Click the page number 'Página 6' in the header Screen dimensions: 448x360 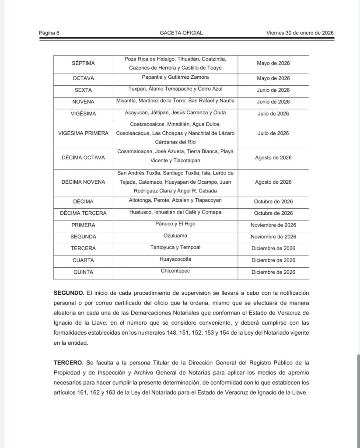pos(49,33)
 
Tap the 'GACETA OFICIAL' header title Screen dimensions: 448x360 pos(181,33)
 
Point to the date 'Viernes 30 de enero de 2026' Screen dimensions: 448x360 pos(300,33)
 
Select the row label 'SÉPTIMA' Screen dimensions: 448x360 pos(83,63)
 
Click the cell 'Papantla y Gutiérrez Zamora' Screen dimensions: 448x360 pos(175,77)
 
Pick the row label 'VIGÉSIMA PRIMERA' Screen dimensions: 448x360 pos(83,133)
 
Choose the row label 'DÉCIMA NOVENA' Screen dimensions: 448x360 pos(83,182)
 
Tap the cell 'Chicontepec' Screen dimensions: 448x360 pos(175,271)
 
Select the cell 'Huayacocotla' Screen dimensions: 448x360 pos(175,259)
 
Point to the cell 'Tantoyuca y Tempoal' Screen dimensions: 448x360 pos(175,247)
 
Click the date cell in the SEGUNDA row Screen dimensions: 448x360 pos(273,237)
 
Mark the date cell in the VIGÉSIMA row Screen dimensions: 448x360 pos(273,114)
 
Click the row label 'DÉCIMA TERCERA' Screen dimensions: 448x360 pos(83,213)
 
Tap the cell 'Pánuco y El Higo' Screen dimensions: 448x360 pos(175,224)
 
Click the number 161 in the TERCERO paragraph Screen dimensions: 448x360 pos(86,392)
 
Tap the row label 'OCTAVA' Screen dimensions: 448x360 pos(83,78)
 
